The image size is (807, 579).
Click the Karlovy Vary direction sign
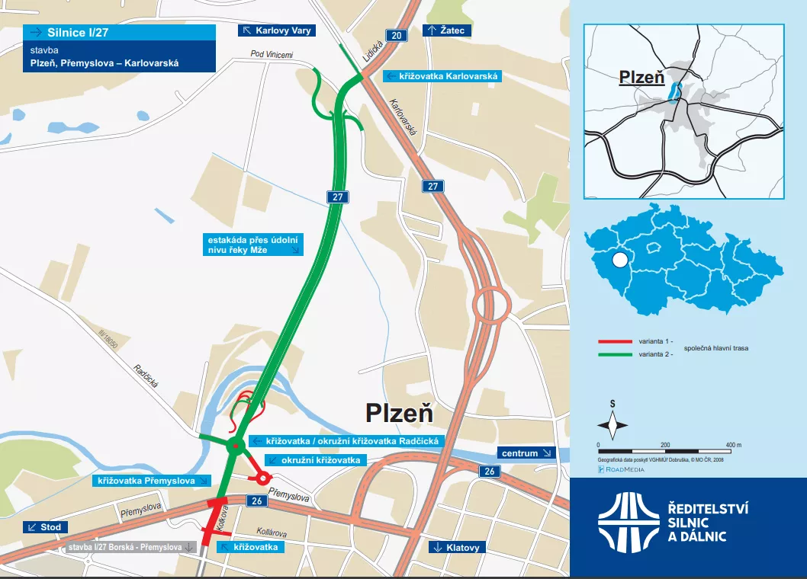(276, 30)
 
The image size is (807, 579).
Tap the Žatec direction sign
(447, 30)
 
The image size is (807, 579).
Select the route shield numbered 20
(394, 36)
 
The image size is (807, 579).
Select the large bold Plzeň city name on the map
(399, 413)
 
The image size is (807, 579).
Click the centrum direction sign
(526, 453)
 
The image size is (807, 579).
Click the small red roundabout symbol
(262, 478)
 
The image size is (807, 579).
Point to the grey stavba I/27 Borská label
(130, 547)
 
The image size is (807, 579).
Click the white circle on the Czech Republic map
(619, 261)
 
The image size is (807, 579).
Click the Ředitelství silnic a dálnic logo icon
(628, 522)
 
